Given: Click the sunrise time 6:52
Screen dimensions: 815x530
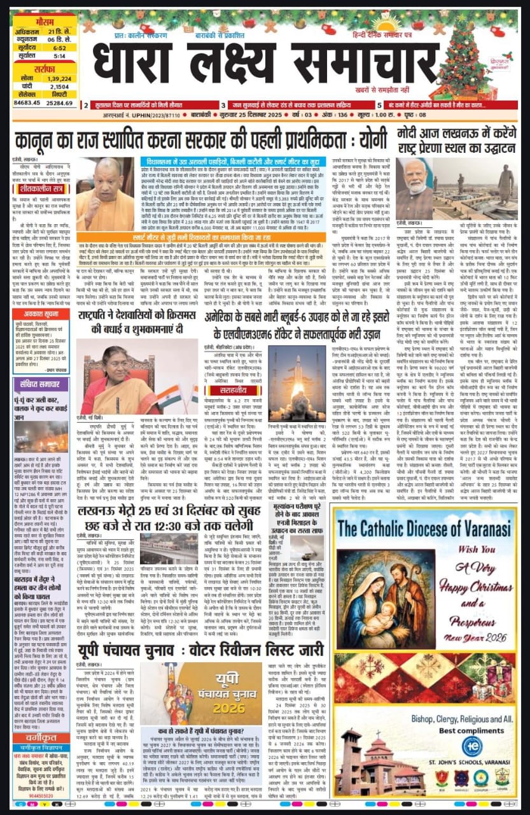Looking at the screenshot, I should point(60,47).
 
